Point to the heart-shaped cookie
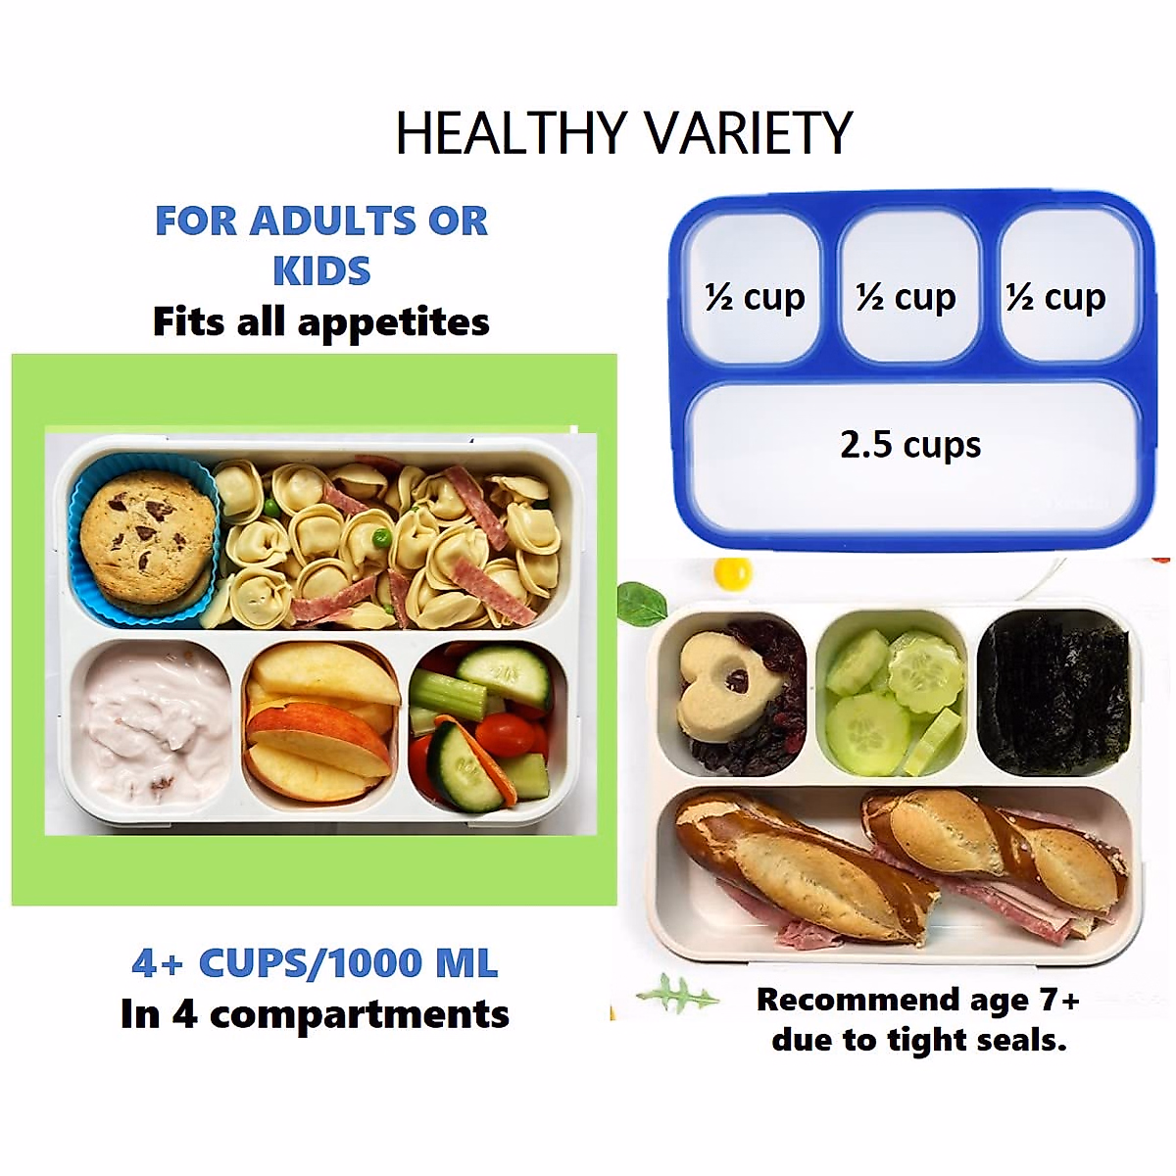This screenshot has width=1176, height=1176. pyautogui.click(x=726, y=683)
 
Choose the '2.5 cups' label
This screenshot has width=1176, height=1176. pyautogui.click(x=910, y=444)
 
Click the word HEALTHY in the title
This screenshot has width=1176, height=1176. pyautogui.click(x=512, y=132)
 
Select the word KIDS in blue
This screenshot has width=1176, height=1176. pyautogui.click(x=321, y=270)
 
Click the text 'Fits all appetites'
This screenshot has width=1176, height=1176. pyautogui.click(x=321, y=321)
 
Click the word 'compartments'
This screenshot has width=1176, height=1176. pyautogui.click(x=360, y=1016)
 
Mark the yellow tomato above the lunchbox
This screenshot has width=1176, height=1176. pyautogui.click(x=732, y=573)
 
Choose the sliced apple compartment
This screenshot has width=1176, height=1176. pyautogui.click(x=320, y=726)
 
